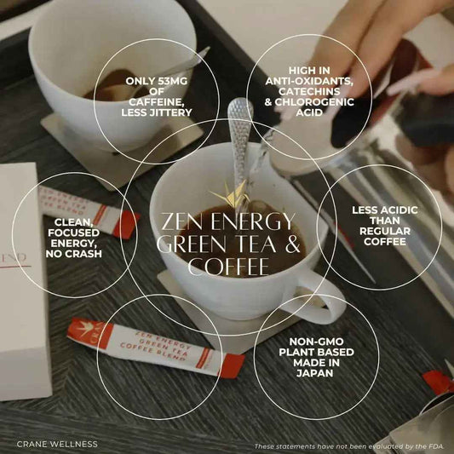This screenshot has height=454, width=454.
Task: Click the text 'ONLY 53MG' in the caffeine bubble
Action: click(157, 81)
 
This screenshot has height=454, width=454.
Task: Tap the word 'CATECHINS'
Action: click(309, 91)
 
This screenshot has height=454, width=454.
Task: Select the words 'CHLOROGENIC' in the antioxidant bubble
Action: click(314, 102)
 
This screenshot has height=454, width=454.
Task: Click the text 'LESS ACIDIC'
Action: click(385, 210)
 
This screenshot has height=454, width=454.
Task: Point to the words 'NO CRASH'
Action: click(74, 254)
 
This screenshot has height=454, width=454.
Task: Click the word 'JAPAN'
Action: click(317, 373)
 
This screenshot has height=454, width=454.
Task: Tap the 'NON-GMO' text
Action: click(317, 342)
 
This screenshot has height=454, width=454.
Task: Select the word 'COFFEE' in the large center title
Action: click(229, 267)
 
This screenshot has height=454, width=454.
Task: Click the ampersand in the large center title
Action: click(292, 244)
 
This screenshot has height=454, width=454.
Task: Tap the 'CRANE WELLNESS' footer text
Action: click(57, 444)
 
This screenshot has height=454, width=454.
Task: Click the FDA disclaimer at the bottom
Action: click(349, 446)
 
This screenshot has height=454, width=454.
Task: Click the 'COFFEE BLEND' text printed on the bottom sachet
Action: click(152, 353)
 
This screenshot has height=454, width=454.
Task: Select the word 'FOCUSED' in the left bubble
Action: click(74, 233)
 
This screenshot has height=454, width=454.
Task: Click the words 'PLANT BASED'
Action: click(317, 353)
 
